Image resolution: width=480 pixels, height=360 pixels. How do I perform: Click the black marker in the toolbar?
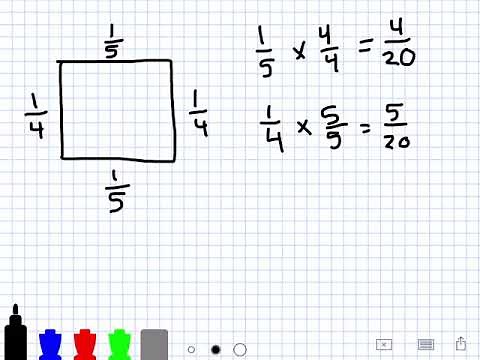pyautogui.click(x=16, y=336)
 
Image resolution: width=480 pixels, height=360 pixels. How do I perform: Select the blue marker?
pyautogui.click(x=50, y=343)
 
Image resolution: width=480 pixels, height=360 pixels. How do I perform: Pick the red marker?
pyautogui.click(x=85, y=343)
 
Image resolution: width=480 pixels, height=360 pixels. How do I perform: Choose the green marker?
pyautogui.click(x=120, y=343)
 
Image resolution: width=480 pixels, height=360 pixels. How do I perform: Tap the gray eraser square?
pyautogui.click(x=154, y=343)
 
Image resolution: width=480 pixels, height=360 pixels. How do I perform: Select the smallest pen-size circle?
pyautogui.click(x=191, y=350)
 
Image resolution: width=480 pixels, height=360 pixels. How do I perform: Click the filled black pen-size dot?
pyautogui.click(x=215, y=350)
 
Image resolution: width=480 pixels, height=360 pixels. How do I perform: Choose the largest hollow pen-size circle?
pyautogui.click(x=240, y=350)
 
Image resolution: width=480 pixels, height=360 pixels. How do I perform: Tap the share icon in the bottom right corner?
pyautogui.click(x=461, y=343)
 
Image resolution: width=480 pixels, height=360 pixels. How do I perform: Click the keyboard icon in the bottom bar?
pyautogui.click(x=424, y=344)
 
